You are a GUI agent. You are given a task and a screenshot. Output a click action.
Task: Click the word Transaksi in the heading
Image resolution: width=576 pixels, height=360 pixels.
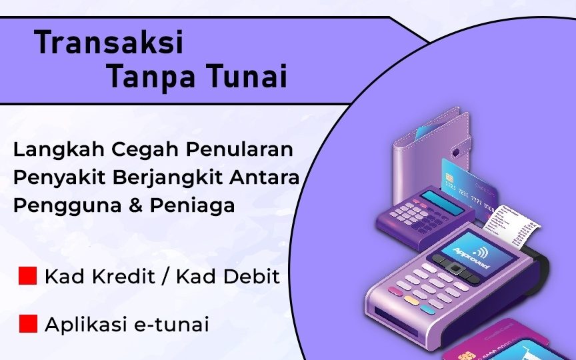[109, 42]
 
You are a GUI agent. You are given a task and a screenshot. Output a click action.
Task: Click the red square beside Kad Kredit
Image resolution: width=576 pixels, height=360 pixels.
[27, 275]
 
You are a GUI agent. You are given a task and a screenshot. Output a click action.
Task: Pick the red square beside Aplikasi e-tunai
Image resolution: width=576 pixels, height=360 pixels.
[28, 323]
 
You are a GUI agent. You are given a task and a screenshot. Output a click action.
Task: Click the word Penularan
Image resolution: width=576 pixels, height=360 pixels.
[239, 149]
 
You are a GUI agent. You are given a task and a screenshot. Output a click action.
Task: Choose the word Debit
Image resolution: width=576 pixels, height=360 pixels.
[251, 277]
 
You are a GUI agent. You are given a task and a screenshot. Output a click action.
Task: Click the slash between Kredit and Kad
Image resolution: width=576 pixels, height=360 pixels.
[165, 277]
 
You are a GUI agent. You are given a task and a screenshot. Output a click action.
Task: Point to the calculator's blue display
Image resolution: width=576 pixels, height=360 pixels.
[442, 203]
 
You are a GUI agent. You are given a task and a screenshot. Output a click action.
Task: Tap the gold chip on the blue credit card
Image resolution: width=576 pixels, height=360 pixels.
[449, 179]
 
